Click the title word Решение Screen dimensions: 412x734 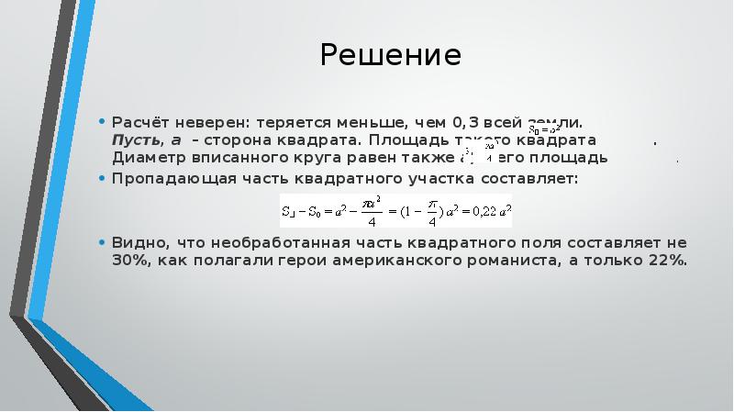(x=390, y=57)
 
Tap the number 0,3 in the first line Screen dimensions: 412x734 (x=462, y=122)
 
